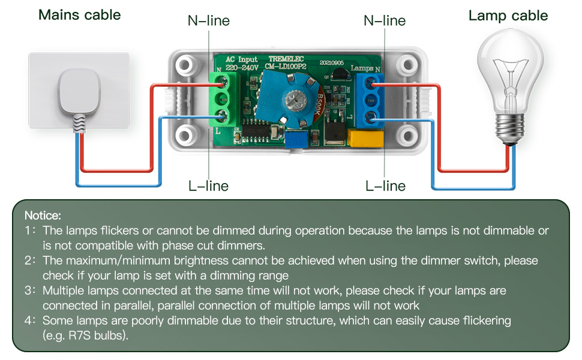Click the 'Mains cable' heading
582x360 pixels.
coord(79,15)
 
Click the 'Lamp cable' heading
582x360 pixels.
coord(508,16)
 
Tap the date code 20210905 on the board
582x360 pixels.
coord(331,62)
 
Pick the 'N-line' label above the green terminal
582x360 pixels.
coord(208,21)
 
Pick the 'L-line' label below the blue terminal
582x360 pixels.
coord(385,186)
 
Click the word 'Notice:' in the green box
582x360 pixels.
coord(43,215)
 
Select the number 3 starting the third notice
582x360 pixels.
coord(28,290)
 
